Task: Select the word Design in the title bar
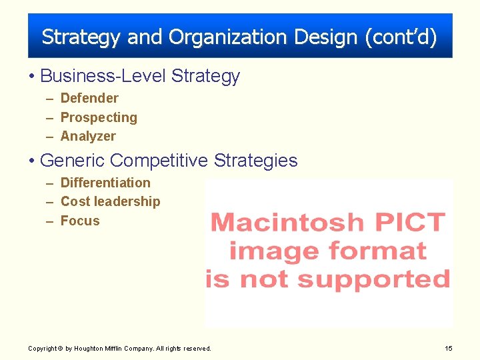point(328,37)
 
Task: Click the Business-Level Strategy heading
point(139,76)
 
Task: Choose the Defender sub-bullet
point(89,99)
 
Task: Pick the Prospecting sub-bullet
point(99,117)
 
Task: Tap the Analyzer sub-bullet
point(88,136)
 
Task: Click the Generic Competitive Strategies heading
point(169,161)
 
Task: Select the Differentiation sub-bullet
point(105,183)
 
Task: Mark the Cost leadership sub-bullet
point(110,201)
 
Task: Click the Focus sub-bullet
point(80,221)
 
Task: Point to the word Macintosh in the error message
point(287,222)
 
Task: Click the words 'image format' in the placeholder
point(327,251)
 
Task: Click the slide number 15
point(448,348)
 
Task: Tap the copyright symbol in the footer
point(61,348)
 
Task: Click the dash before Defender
point(51,99)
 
